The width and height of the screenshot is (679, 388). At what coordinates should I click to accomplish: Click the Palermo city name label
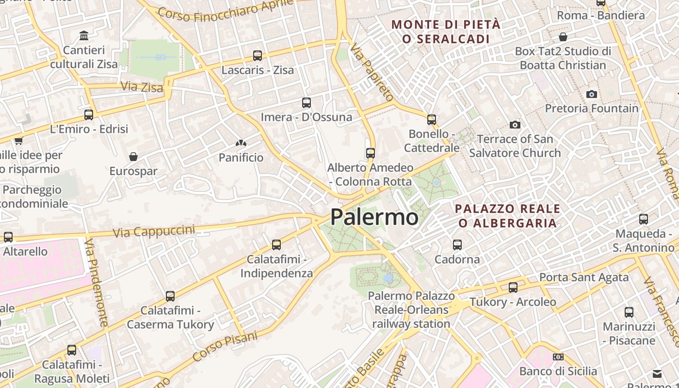point(374,217)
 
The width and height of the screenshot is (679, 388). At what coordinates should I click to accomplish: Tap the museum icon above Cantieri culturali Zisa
point(84,35)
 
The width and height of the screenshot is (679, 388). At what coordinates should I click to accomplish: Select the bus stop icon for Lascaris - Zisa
point(258,56)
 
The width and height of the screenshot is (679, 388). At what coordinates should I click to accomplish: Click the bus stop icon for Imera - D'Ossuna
point(307,103)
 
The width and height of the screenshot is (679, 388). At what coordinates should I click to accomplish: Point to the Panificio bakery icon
point(241,143)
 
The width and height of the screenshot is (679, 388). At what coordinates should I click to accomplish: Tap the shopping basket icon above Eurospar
point(133,157)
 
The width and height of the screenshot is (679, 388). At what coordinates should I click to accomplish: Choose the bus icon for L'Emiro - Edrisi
point(89,115)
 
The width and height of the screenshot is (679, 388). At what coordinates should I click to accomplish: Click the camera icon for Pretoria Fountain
point(591,94)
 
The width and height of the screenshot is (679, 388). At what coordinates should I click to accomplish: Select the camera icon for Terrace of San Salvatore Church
point(515,125)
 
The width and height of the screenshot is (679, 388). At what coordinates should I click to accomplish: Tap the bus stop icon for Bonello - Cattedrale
point(432,119)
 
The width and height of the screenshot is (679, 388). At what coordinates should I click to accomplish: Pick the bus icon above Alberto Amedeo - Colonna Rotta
point(371,153)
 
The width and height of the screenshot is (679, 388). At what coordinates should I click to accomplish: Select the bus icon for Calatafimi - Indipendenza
point(276,245)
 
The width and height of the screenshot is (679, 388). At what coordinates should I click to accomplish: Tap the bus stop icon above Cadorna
point(457,245)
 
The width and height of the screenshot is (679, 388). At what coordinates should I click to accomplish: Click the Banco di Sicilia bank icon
point(558,357)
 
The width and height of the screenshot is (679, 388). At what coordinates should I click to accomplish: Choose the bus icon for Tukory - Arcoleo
point(513,288)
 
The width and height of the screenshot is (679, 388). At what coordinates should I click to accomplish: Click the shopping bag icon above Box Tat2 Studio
point(563,37)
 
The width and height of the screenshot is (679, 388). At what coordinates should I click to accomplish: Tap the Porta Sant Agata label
point(584,278)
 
